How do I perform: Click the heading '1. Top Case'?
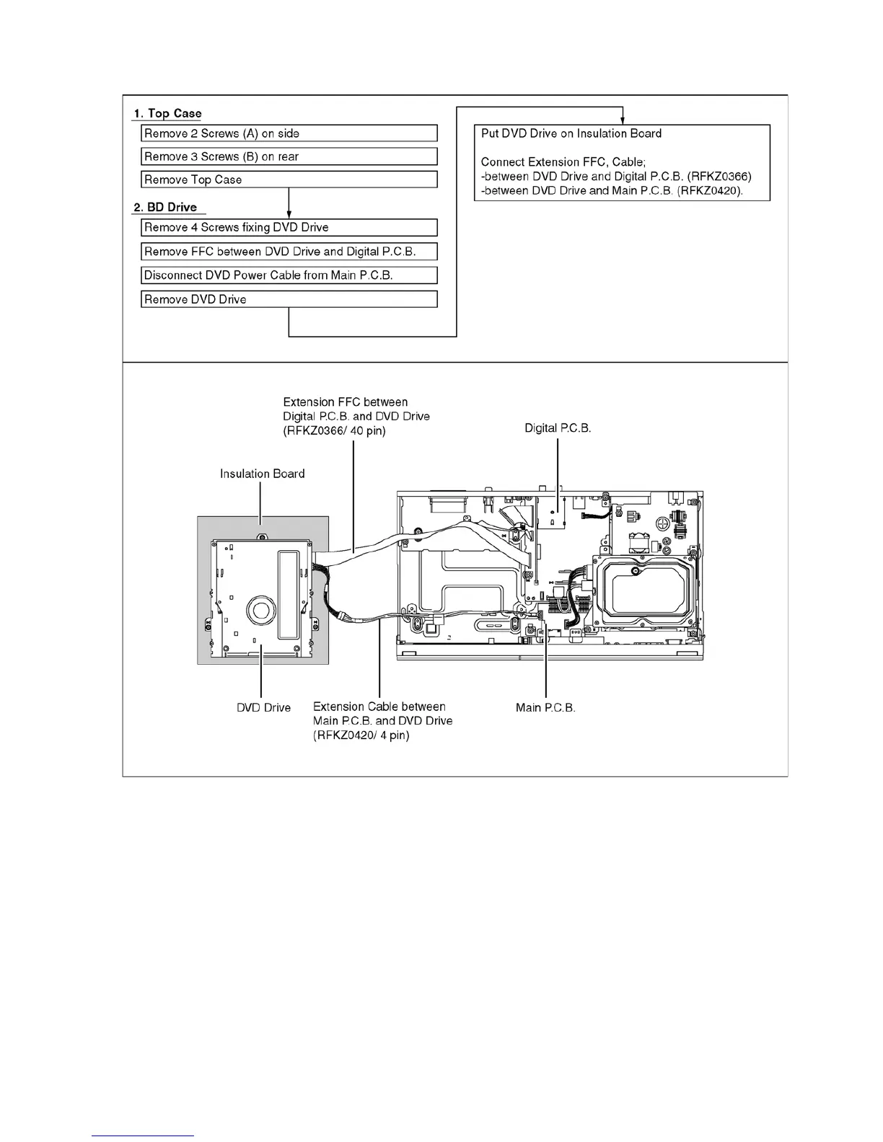(167, 113)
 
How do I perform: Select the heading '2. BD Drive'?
(165, 207)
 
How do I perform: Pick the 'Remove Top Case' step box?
(289, 180)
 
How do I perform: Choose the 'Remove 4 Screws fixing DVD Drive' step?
(289, 227)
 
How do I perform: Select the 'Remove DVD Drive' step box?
(289, 299)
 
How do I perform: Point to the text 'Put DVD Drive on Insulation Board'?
(571, 133)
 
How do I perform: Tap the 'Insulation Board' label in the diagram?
(262, 474)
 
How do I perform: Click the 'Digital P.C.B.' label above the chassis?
(558, 428)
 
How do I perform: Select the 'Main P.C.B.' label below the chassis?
(545, 707)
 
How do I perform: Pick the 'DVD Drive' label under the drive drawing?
(263, 707)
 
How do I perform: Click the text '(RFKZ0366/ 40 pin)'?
(334, 431)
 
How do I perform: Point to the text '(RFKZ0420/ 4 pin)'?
(361, 735)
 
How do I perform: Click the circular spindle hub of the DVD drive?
(260, 611)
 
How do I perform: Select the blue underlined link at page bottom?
(143, 1136)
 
